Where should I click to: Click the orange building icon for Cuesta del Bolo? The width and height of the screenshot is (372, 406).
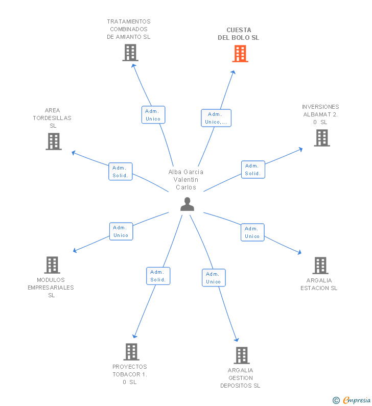(240, 54)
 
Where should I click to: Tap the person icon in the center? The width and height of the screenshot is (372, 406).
(188, 204)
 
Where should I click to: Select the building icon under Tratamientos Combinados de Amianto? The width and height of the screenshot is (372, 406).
(130, 53)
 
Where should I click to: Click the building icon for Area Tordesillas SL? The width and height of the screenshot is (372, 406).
(54, 141)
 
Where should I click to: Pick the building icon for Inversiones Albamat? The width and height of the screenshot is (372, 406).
(322, 138)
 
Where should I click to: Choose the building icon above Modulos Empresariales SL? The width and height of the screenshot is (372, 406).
(52, 265)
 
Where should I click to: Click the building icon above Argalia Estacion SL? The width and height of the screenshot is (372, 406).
(320, 266)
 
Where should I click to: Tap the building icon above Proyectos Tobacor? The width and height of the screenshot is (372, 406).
(131, 352)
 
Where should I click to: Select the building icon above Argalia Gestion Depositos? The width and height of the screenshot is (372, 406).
(242, 355)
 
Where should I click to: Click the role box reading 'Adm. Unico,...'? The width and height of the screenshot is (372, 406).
(216, 118)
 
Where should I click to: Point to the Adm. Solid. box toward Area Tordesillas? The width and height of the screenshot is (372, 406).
(121, 172)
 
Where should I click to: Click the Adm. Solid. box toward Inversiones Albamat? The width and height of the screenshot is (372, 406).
(253, 170)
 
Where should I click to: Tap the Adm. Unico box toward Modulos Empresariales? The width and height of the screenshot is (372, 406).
(121, 231)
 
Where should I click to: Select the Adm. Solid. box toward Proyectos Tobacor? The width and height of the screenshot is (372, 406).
(158, 276)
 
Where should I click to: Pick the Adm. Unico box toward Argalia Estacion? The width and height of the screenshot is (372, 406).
(252, 232)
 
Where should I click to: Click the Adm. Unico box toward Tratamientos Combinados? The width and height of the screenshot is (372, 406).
(153, 115)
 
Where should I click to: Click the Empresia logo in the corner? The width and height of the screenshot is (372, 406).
(352, 400)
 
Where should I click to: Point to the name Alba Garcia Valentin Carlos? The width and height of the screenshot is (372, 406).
(185, 179)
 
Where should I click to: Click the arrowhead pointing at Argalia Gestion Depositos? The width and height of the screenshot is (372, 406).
(236, 340)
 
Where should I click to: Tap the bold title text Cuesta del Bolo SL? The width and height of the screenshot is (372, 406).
(239, 34)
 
